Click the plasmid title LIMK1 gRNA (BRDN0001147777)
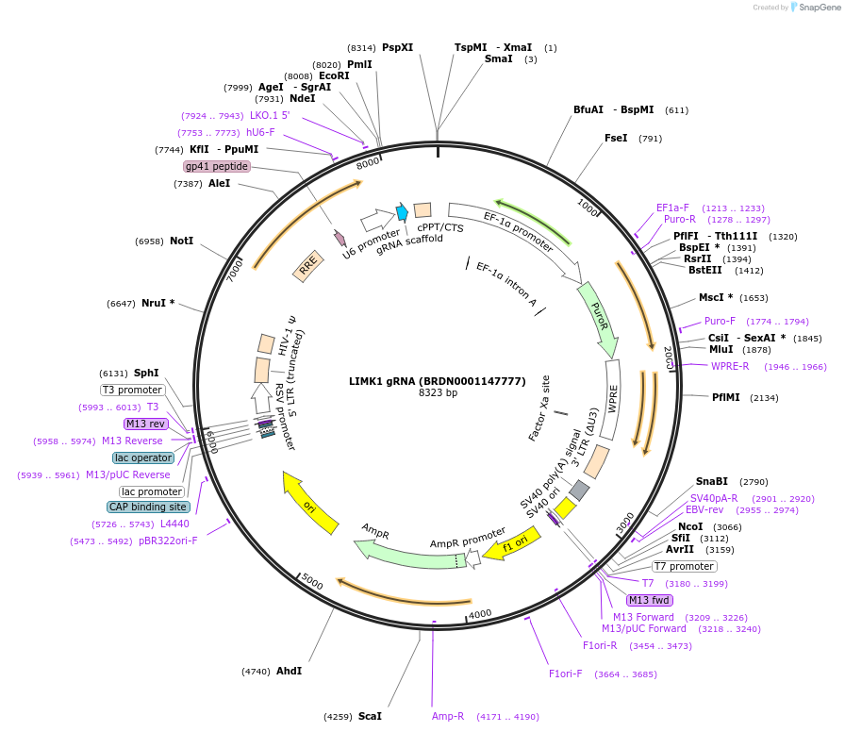coord(438,381)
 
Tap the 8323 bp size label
coord(438,392)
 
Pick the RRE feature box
coord(307,268)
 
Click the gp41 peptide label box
coord(217,167)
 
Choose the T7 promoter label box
coord(684,567)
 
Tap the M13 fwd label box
coord(650,601)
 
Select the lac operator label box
coord(143,458)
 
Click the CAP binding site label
coord(148,507)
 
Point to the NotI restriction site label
coord(181,241)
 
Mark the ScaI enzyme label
coord(370,717)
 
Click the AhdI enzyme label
coord(289,672)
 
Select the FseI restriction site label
coord(616,139)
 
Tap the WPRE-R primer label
coord(730,366)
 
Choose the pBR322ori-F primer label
coord(169,541)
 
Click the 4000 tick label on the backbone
coord(480,614)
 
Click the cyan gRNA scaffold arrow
coord(402,212)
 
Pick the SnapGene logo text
coord(817,8)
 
